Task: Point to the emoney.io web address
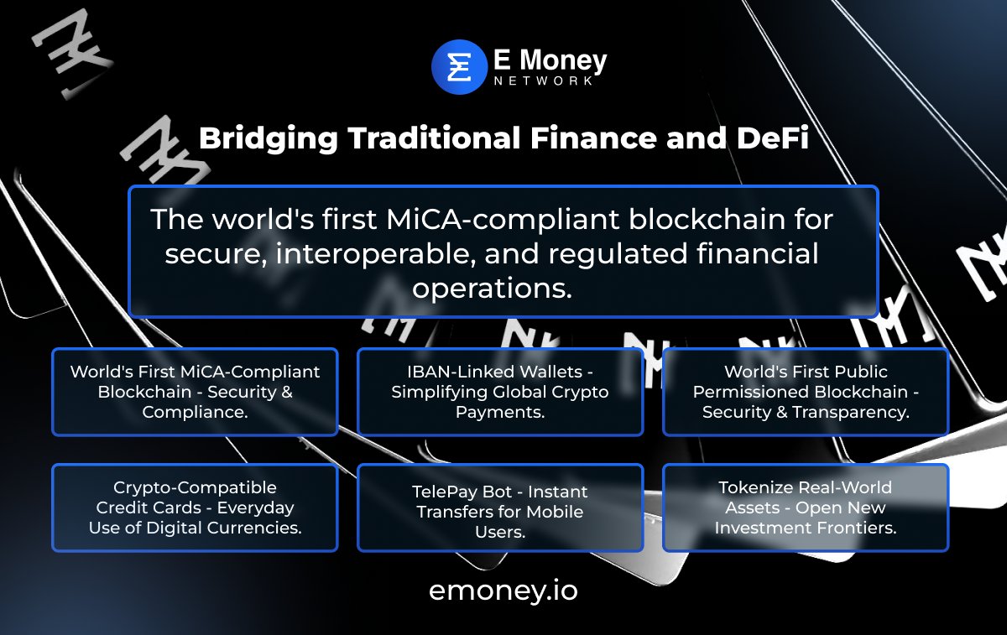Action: [x=503, y=590]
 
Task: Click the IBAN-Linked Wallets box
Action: [x=500, y=392]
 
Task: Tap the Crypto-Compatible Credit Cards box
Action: [x=195, y=507]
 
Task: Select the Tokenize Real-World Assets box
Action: [x=806, y=507]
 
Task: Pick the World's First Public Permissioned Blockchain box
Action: [x=806, y=392]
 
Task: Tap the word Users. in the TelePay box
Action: [x=500, y=532]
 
